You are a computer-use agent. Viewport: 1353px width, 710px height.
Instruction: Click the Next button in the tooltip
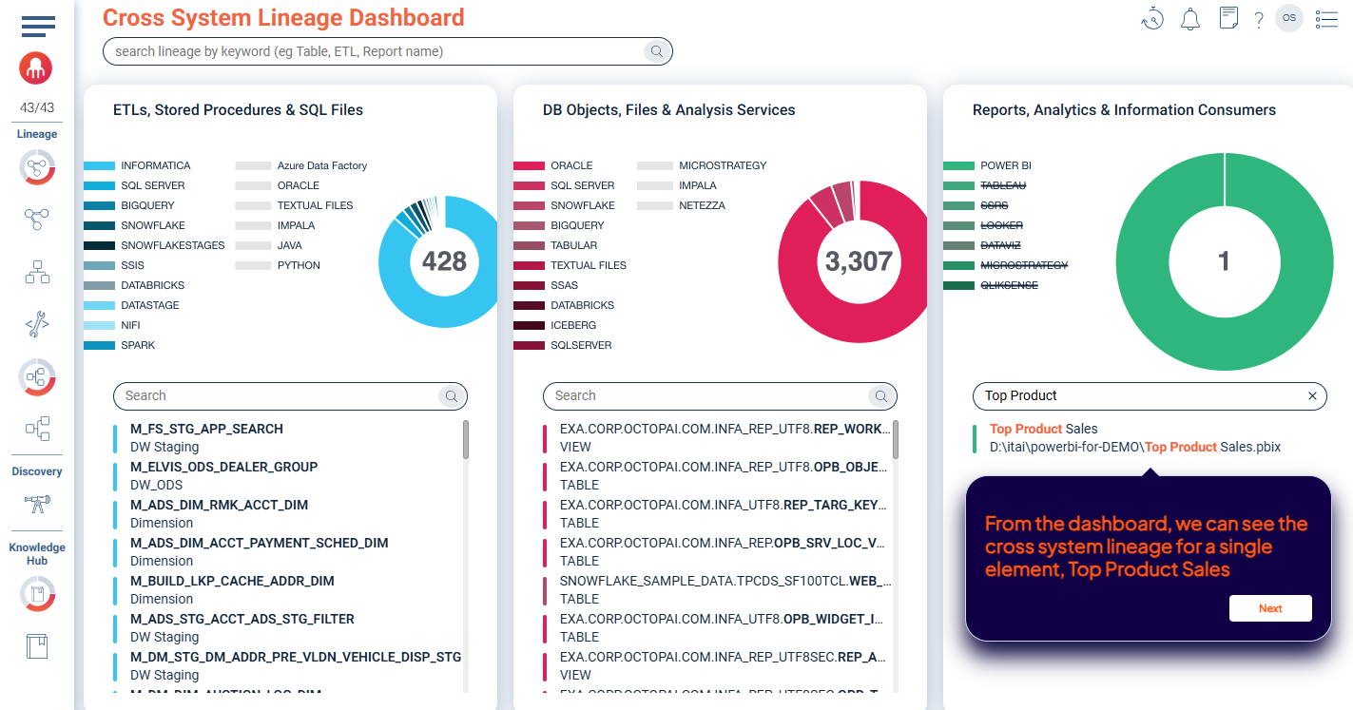[x=1270, y=608]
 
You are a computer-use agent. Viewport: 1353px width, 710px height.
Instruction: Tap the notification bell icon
[x=1189, y=19]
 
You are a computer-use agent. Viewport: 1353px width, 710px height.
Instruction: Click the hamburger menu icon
[x=38, y=26]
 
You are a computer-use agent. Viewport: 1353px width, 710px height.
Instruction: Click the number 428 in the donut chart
[x=444, y=261]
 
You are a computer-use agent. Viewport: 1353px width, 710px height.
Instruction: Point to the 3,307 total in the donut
[x=859, y=261]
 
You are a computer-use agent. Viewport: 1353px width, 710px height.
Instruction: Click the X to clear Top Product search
[x=1312, y=396]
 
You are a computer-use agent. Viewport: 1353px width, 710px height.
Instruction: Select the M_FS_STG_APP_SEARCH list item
[x=206, y=429]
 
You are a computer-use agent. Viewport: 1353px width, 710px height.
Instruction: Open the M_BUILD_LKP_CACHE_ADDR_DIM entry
[x=232, y=581]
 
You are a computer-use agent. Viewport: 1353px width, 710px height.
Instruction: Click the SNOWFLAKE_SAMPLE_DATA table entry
[x=725, y=581]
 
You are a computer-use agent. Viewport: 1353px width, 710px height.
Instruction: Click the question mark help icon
[x=1259, y=20]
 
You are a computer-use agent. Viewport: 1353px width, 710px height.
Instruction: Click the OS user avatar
[x=1289, y=18]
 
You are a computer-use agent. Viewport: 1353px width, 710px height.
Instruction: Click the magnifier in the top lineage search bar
[x=657, y=52]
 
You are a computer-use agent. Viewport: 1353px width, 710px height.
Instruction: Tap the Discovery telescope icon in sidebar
[x=37, y=503]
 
